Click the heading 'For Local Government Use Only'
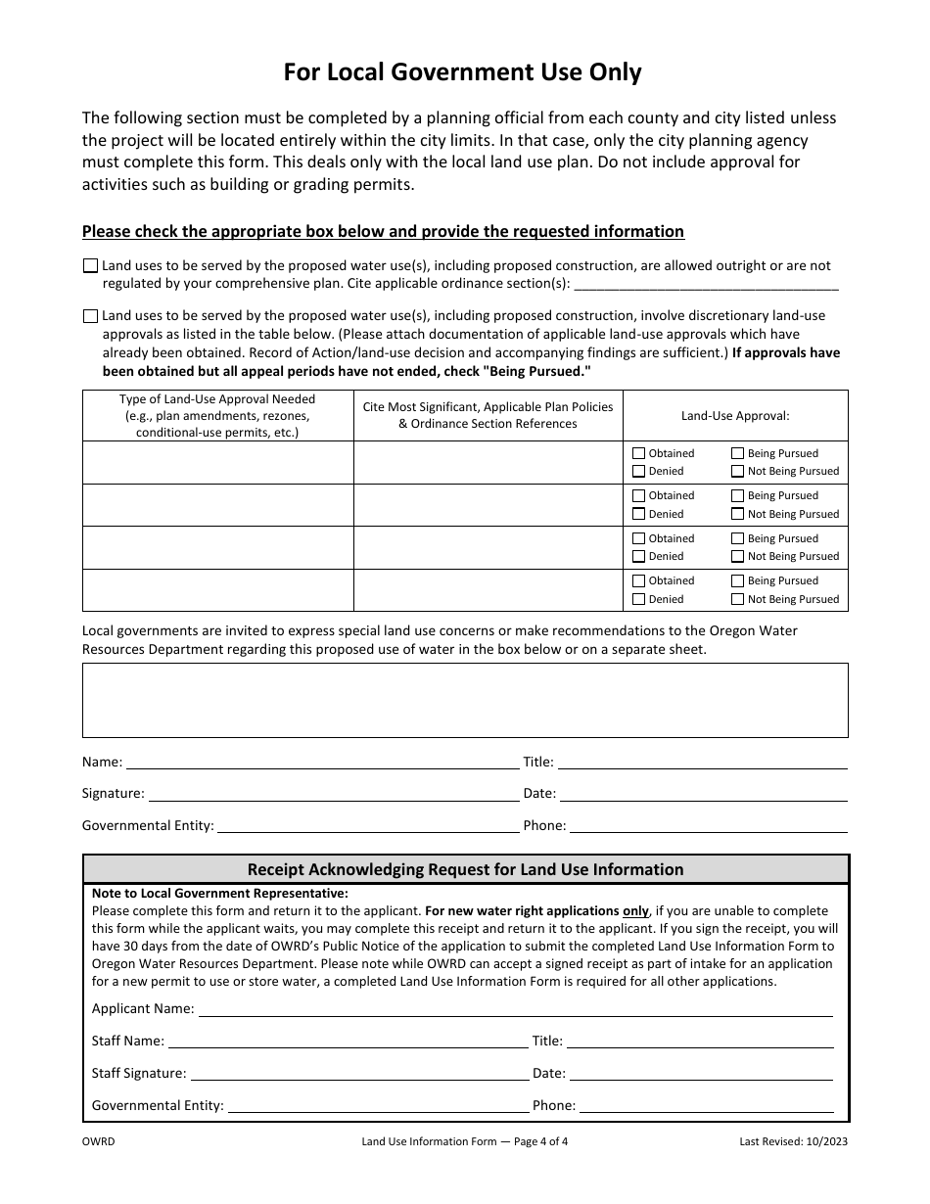[463, 72]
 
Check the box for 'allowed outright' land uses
[91, 265]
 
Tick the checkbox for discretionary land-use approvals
[91, 316]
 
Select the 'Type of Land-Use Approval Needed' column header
[217, 415]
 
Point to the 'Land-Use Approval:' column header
[735, 415]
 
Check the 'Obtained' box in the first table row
[639, 453]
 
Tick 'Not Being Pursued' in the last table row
[737, 599]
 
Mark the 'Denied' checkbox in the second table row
[639, 514]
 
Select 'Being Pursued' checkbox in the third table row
[737, 538]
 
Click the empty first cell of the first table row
[217, 462]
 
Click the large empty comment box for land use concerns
[465, 700]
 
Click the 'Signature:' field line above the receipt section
[333, 795]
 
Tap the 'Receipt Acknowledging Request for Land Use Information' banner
[465, 869]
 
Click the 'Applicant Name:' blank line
[515, 1009]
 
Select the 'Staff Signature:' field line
[358, 1074]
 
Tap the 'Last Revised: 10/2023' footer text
[794, 1140]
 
